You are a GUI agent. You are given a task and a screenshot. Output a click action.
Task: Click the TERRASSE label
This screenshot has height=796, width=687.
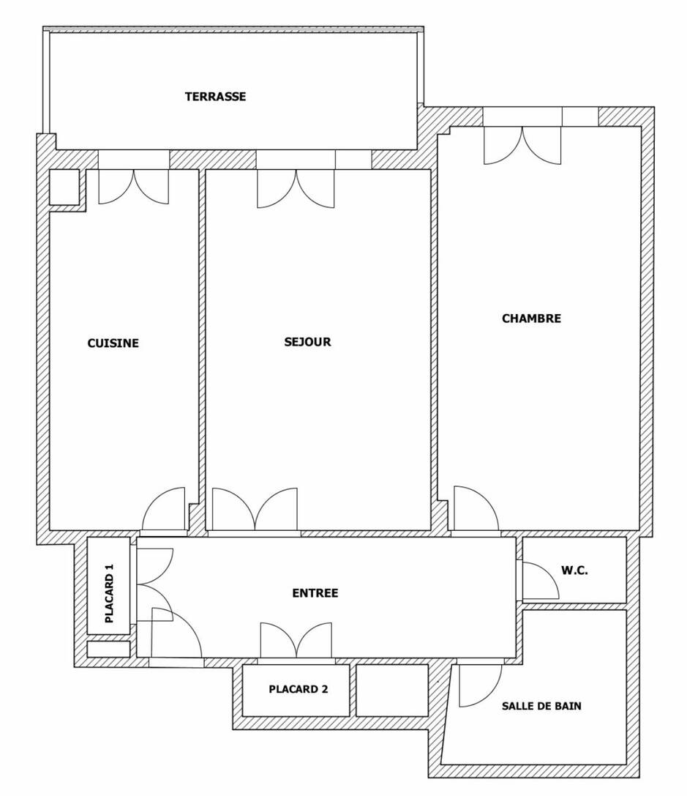click(216, 97)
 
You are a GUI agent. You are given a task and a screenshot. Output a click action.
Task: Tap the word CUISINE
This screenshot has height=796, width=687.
click(113, 343)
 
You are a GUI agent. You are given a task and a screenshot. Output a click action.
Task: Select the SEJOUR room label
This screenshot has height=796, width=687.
click(308, 342)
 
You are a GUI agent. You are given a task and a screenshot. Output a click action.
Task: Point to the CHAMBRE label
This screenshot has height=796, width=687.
click(531, 319)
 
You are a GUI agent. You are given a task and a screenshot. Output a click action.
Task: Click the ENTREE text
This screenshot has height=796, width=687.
click(315, 593)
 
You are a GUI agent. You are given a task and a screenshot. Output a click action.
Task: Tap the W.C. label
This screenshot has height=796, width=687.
click(574, 570)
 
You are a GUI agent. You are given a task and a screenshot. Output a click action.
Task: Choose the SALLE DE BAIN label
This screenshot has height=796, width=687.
click(541, 706)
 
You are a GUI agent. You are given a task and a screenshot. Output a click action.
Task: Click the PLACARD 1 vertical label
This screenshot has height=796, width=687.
click(110, 593)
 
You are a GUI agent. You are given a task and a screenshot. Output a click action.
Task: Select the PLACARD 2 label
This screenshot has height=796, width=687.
click(298, 689)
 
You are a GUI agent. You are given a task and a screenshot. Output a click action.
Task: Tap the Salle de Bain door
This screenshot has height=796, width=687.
click(480, 685)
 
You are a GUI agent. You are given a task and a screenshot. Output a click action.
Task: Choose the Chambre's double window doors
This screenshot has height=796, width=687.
click(522, 146)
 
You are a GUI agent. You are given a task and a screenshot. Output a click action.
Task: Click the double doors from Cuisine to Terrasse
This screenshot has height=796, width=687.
click(133, 187)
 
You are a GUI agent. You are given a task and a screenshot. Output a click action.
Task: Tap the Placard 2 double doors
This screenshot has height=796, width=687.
click(296, 640)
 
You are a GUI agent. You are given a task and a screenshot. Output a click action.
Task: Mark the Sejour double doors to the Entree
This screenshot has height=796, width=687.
click(255, 509)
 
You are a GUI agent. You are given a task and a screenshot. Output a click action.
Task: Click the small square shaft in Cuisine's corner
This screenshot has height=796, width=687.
click(64, 187)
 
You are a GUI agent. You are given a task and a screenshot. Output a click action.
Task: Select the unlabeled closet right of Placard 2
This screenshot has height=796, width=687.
click(392, 691)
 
